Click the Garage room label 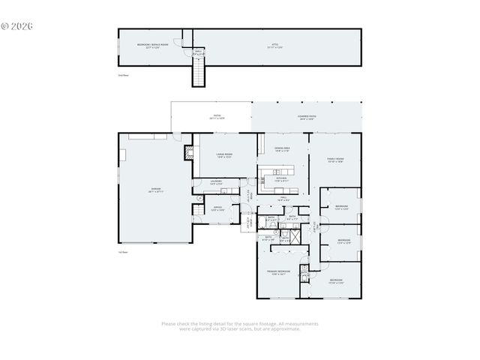(155, 190)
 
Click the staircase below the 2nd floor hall (199, 73)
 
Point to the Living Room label (224, 155)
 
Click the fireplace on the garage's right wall (188, 152)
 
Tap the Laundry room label (216, 182)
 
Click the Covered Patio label (307, 117)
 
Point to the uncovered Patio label (216, 117)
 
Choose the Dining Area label (282, 149)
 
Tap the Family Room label (334, 160)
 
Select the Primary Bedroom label (278, 271)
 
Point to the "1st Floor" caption (122, 252)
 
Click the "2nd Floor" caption (122, 76)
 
